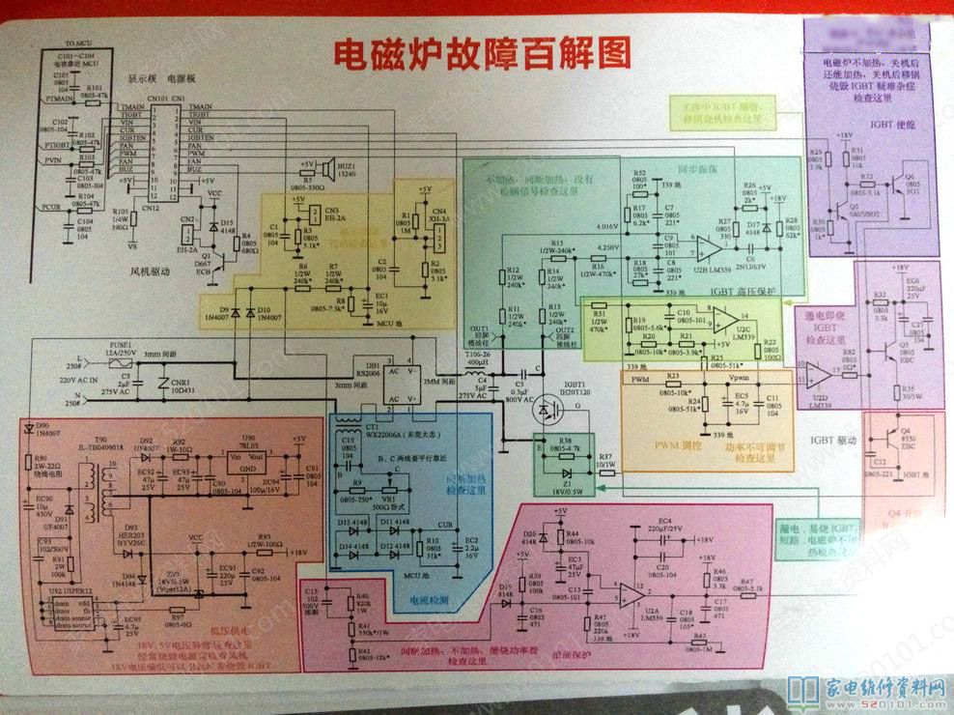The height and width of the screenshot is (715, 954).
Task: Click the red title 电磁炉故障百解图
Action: click(x=481, y=55)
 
